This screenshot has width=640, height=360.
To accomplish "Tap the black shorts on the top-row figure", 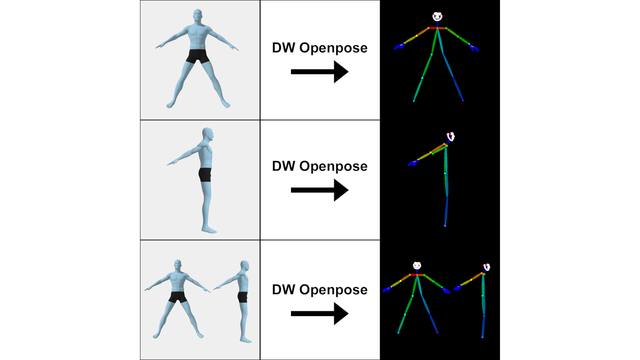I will (198, 56).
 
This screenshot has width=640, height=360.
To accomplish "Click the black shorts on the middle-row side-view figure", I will (205, 174).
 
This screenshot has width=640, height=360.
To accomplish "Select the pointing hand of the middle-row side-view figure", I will (171, 163).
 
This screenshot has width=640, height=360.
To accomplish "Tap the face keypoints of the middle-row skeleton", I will (450, 136).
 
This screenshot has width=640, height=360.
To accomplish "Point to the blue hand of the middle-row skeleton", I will (413, 163).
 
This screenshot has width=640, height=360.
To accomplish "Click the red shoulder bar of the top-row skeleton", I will (437, 28).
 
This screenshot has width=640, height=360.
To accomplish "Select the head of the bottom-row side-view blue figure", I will (244, 265).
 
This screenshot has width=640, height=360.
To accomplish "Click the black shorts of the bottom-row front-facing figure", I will (177, 297).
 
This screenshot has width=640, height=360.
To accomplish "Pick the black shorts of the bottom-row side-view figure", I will (243, 297).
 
